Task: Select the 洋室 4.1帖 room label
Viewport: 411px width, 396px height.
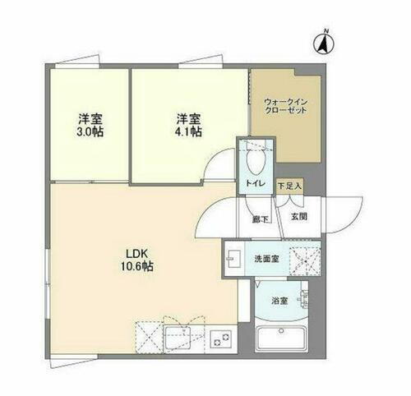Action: (x=187, y=123)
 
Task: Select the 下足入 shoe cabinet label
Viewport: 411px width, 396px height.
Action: (x=289, y=187)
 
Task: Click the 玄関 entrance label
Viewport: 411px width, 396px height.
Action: (x=297, y=217)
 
